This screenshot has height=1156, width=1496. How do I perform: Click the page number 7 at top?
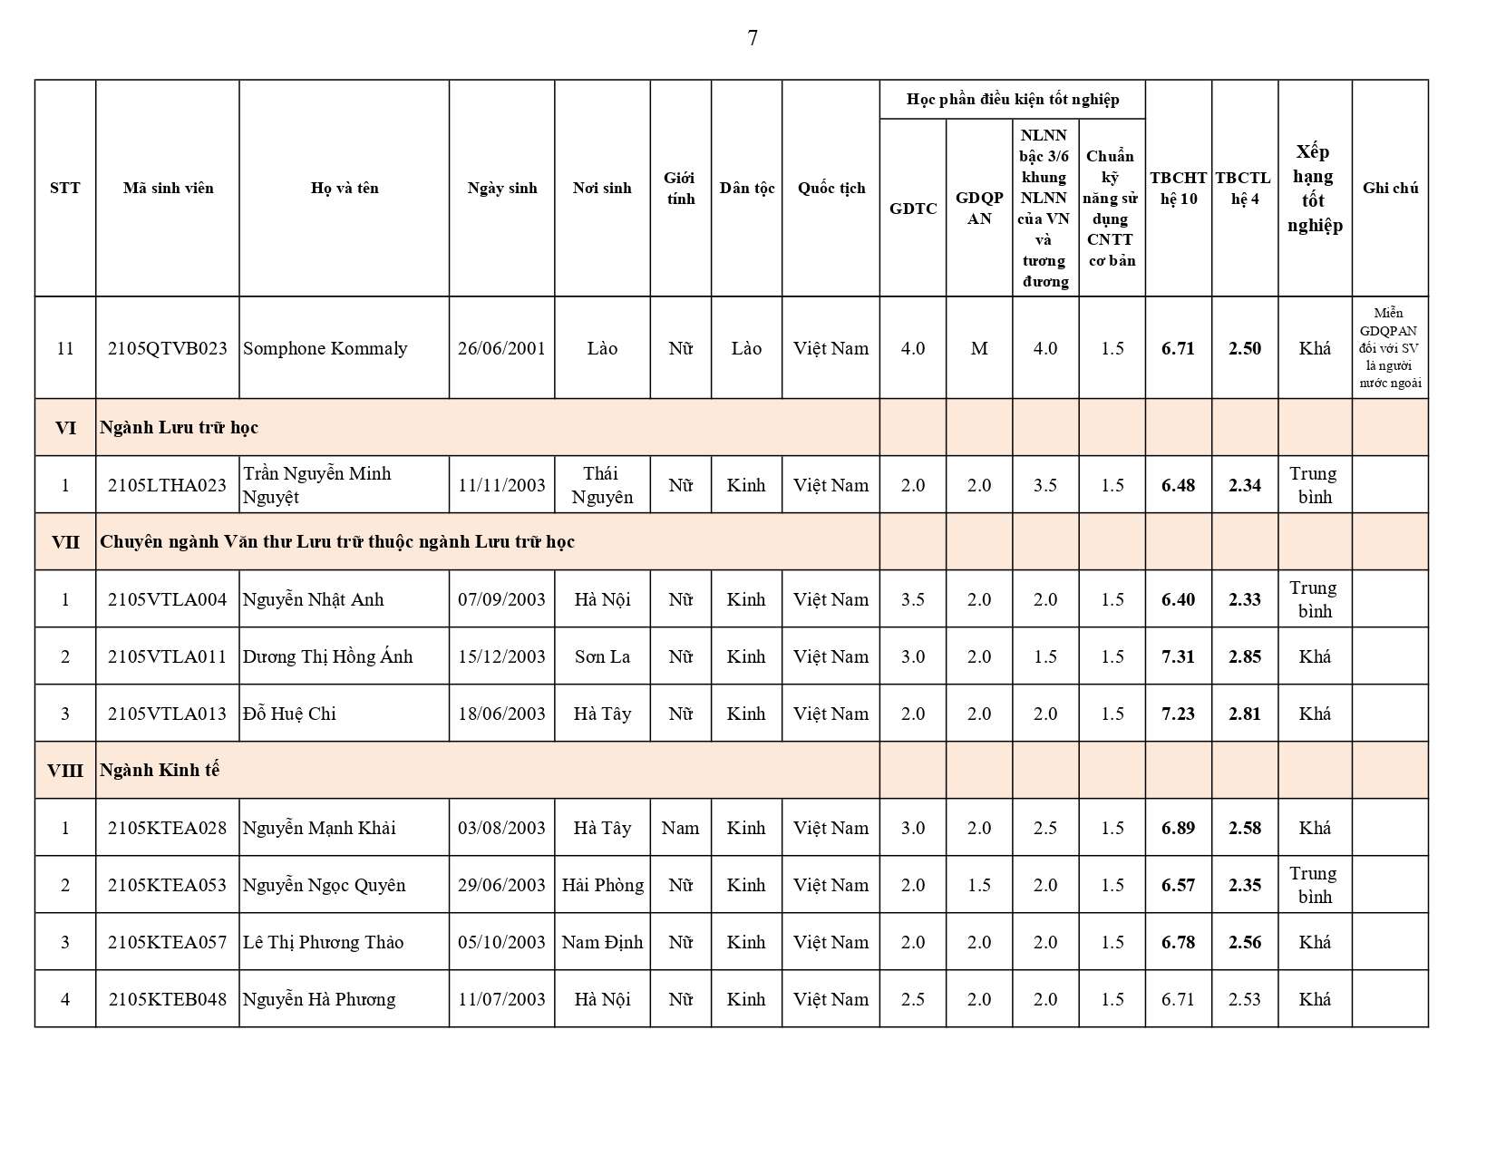click(x=753, y=38)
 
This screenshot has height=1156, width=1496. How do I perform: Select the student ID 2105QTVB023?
click(x=167, y=348)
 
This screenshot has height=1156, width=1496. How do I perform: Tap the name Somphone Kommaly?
click(x=325, y=348)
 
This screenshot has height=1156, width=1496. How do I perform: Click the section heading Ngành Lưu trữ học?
click(x=179, y=427)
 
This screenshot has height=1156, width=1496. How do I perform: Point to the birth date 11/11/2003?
click(x=501, y=485)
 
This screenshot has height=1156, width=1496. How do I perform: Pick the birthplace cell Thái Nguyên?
click(x=602, y=485)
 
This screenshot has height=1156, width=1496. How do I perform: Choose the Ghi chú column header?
click(x=1390, y=188)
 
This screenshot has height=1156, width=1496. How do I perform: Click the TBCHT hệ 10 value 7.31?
click(x=1178, y=656)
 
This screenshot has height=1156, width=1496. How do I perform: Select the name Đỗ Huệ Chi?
click(x=289, y=714)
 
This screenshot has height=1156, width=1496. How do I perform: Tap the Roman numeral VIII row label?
click(x=65, y=771)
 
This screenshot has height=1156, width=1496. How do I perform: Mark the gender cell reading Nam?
click(x=680, y=828)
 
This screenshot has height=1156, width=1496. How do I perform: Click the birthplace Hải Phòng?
click(x=602, y=885)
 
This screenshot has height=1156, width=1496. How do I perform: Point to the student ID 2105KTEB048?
click(x=167, y=999)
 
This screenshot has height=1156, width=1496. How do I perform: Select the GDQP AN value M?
click(x=979, y=348)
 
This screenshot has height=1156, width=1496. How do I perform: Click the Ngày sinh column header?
click(x=502, y=188)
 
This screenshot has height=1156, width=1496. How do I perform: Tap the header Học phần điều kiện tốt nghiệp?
click(x=1012, y=99)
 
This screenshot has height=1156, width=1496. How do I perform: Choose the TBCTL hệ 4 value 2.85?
click(x=1245, y=656)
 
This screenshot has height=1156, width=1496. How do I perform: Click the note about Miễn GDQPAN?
click(x=1390, y=348)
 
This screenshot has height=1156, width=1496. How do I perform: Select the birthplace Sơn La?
click(x=602, y=656)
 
